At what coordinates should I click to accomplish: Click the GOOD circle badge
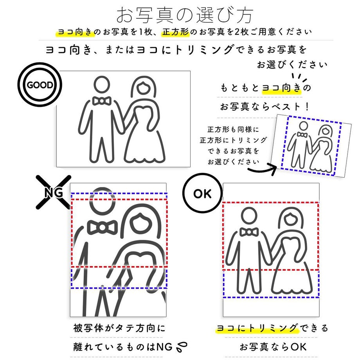[40, 85]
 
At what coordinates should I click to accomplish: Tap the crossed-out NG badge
[54, 191]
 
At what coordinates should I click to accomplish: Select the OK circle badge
[202, 193]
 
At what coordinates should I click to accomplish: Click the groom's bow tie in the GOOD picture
[102, 101]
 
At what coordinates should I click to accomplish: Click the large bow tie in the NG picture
[103, 227]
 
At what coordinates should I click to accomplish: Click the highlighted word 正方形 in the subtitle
[176, 32]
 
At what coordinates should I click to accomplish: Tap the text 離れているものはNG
[121, 346]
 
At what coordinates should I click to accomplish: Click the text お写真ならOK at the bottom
[273, 346]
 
